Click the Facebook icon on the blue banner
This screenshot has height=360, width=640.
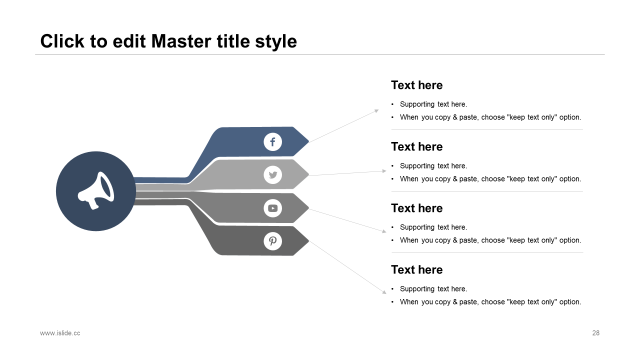pyautogui.click(x=273, y=142)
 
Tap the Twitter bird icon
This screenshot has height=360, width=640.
pyautogui.click(x=273, y=175)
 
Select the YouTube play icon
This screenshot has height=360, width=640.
pyautogui.click(x=273, y=208)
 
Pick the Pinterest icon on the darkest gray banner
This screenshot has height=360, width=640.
pyautogui.click(x=273, y=241)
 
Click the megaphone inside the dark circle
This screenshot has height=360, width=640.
pyautogui.click(x=96, y=191)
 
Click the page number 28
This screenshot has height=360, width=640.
pyautogui.click(x=595, y=333)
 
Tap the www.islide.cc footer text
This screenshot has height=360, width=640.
pyautogui.click(x=60, y=333)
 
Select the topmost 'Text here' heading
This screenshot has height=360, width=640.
pyautogui.click(x=416, y=85)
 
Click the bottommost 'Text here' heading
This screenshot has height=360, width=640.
pyautogui.click(x=416, y=269)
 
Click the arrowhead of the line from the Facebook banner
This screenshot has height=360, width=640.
pyautogui.click(x=376, y=110)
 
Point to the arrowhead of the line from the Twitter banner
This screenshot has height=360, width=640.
pyautogui.click(x=384, y=171)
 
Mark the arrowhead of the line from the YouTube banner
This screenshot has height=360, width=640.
pyautogui.click(x=384, y=231)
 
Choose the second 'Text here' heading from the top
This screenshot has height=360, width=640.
pyautogui.click(x=416, y=146)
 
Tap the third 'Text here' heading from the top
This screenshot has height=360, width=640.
pyautogui.click(x=416, y=208)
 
